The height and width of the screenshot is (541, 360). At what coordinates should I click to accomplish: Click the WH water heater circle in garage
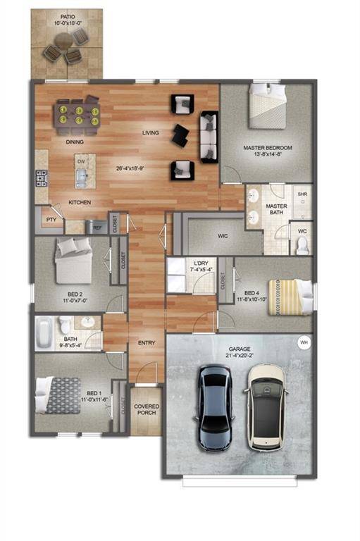pyautogui.click(x=304, y=343)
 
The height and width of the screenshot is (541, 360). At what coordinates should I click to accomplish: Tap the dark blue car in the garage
pyautogui.click(x=215, y=409)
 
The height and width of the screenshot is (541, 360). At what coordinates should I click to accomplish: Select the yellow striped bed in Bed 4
pyautogui.click(x=289, y=295)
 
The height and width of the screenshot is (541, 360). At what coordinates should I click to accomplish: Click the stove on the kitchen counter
pyautogui.click(x=41, y=178)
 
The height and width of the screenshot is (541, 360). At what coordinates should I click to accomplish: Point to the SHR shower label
pyautogui.click(x=302, y=194)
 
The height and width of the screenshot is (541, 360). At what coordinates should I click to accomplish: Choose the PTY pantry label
pyautogui.click(x=50, y=219)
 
